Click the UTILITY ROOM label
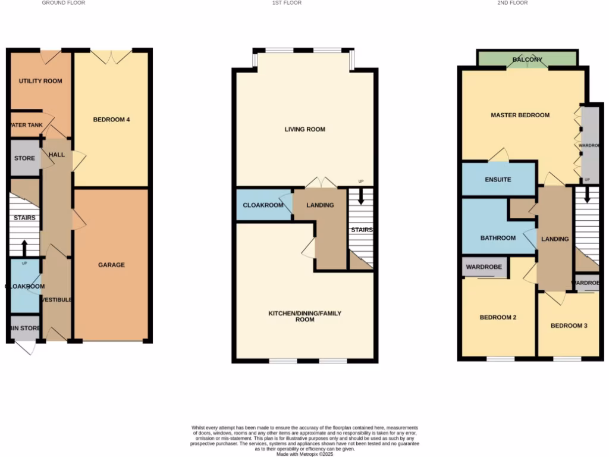pos(40,81)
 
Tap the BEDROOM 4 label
pos(111,120)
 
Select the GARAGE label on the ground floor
pos(111,265)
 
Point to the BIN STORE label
pos(25,328)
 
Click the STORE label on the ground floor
pos(24,158)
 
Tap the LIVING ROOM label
pos(304,129)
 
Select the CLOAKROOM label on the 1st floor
pos(262,205)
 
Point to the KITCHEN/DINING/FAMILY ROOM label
pos(304,316)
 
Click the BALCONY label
pos(528,60)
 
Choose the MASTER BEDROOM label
pos(520,115)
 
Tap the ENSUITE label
pos(498,179)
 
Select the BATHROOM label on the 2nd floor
pos(498,238)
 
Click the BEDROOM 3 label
pos(569,325)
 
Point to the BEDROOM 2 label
pos(498,318)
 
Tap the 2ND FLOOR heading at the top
pos(513,3)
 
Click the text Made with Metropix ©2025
pos(304,454)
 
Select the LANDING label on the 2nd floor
pos(554,239)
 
